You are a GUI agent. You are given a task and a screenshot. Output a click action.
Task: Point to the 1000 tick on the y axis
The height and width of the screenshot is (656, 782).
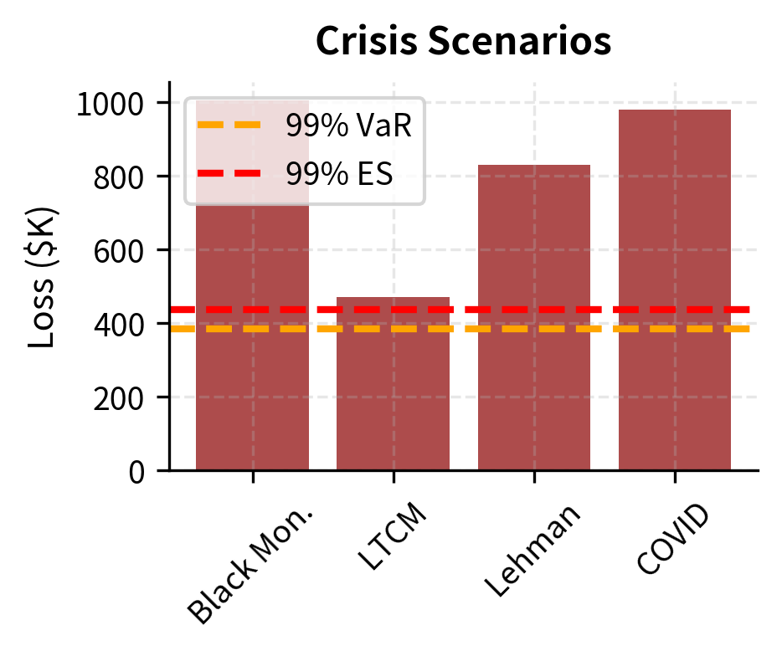(112, 104)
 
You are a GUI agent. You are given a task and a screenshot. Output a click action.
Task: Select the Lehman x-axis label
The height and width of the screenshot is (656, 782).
(532, 551)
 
